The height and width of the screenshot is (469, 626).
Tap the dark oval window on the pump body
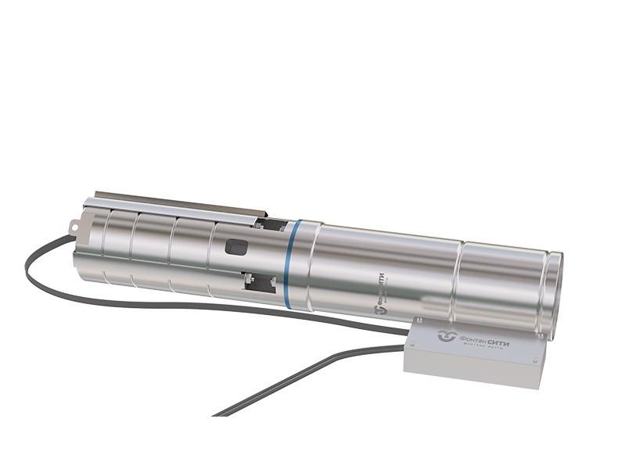pos(236,248)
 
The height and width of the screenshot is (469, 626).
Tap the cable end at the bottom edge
pos(219,413)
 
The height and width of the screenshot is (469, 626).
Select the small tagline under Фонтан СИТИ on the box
pos(485,349)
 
